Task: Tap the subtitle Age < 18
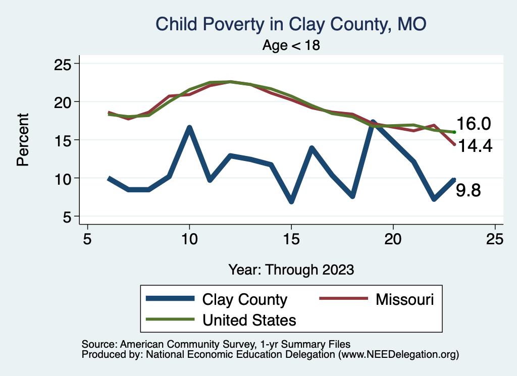click(x=291, y=45)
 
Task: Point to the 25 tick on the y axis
click(x=64, y=64)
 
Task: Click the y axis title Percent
click(x=22, y=140)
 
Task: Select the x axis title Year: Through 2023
click(x=291, y=269)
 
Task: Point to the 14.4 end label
click(x=474, y=146)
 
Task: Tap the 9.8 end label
click(x=469, y=191)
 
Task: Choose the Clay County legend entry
click(x=244, y=299)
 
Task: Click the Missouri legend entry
click(x=404, y=299)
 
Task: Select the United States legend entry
click(x=249, y=320)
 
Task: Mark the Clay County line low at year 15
click(x=291, y=201)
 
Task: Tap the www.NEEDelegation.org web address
click(x=398, y=354)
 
